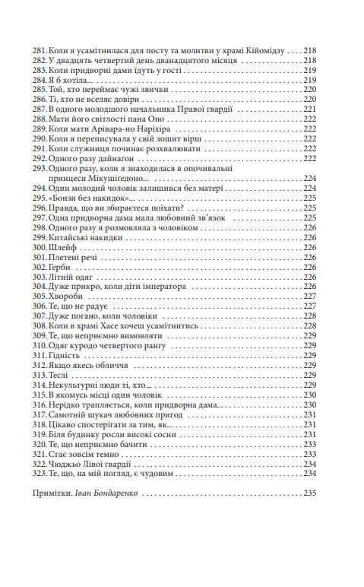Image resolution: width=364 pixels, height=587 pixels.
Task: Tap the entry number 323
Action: [x=55, y=474]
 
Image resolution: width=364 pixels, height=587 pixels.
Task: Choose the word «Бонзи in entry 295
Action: [x=81, y=198]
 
